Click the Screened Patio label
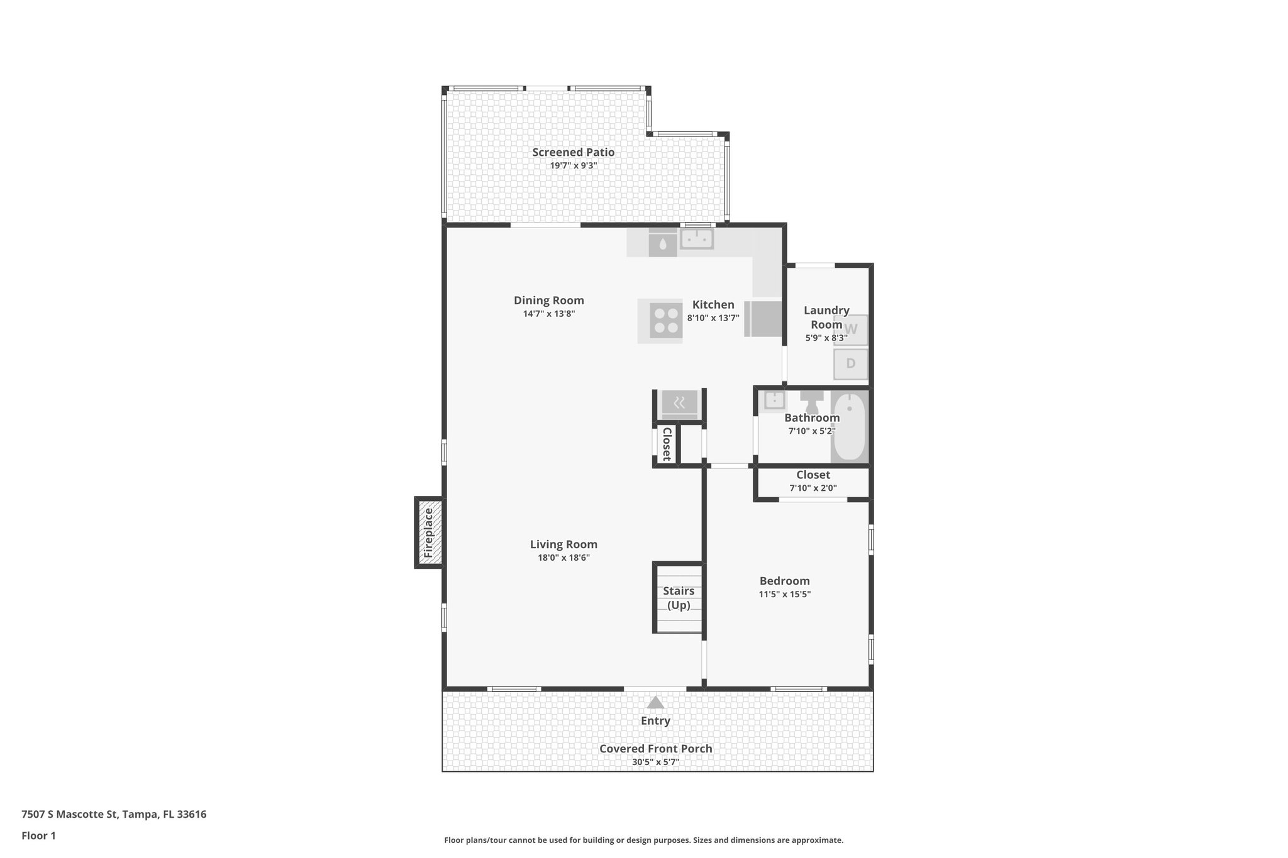click(573, 152)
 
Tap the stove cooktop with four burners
click(665, 321)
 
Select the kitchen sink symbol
click(696, 239)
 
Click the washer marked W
click(850, 329)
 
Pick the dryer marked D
click(850, 363)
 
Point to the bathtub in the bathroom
click(849, 426)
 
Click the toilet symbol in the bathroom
click(812, 401)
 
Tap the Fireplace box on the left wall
click(429, 532)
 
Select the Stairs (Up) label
click(679, 598)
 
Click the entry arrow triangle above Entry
click(655, 703)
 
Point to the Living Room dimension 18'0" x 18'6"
click(563, 558)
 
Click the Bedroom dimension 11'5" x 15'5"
click(784, 594)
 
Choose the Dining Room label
click(548, 300)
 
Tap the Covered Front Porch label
click(655, 749)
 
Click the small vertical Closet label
click(667, 444)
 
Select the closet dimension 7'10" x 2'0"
click(813, 488)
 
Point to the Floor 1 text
click(38, 835)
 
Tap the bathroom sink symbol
click(774, 400)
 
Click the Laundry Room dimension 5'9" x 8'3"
click(826, 338)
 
